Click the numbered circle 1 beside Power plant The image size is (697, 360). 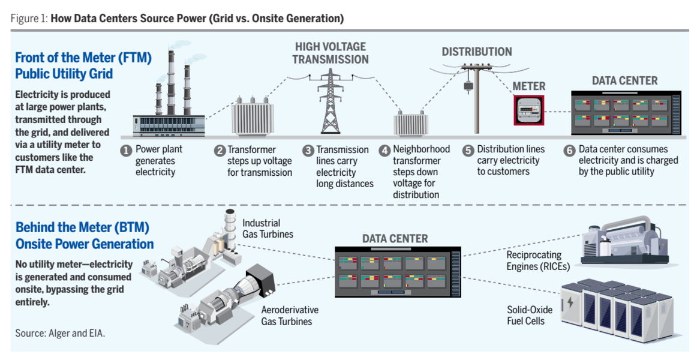(126, 151)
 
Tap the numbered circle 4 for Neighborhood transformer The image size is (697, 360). (384, 151)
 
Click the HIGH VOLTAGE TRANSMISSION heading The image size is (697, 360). (331, 53)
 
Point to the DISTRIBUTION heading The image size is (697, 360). (476, 52)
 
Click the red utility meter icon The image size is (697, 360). (529, 110)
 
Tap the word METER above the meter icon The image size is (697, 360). (529, 86)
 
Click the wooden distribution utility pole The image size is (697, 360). (476, 98)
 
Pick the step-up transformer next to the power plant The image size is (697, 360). (253, 117)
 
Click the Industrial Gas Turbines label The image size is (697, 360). (268, 229)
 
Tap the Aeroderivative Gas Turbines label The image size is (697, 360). (290, 316)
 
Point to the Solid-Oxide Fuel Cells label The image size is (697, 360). (530, 315)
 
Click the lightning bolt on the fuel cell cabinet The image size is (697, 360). (570, 303)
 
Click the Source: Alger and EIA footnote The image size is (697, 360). (60, 334)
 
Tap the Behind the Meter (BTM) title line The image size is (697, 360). (82, 227)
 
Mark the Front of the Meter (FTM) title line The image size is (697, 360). (83, 58)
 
